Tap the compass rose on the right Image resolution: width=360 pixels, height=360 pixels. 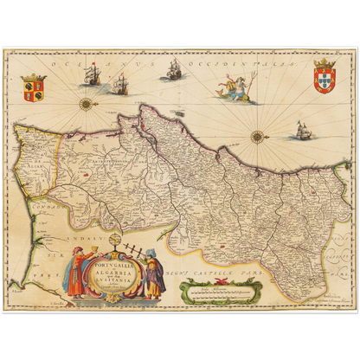click(257, 136)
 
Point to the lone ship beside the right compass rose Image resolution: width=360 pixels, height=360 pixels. click(302, 130)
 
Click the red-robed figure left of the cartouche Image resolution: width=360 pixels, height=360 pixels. click(76, 273)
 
